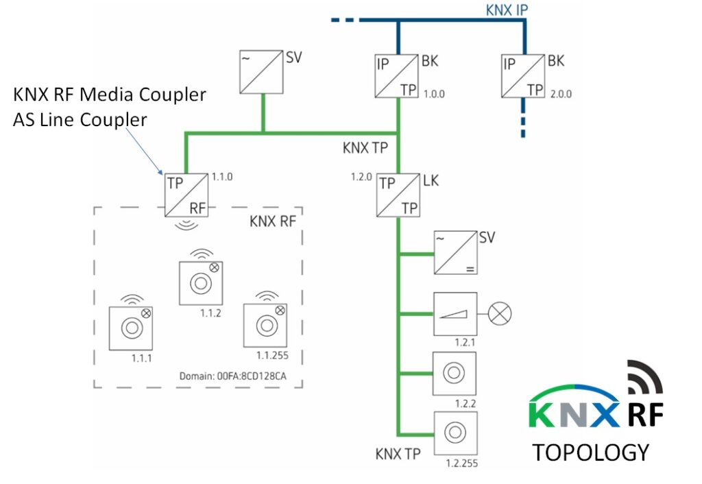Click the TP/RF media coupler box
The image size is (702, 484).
[186, 195]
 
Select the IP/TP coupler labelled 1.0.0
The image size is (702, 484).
[397, 74]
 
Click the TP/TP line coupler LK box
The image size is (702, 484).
[398, 195]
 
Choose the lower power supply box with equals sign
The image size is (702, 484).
[455, 253]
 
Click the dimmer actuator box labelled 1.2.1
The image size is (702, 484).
[455, 313]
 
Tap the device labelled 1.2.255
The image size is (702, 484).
[454, 433]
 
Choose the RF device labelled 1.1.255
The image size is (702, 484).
[265, 325]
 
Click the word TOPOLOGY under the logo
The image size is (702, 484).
[590, 452]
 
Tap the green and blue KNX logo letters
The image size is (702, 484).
[573, 414]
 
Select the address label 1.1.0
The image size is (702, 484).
[222, 176]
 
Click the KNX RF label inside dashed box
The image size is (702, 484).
[273, 221]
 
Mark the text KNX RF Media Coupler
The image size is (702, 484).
[110, 94]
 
